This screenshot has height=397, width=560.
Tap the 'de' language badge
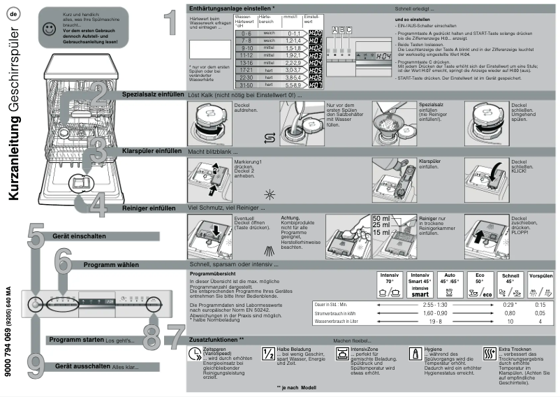(x=13, y=12)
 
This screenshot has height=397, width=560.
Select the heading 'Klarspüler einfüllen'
(x=152, y=151)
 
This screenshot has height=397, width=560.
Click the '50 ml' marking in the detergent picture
(x=382, y=219)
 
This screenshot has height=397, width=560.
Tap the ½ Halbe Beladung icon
(x=267, y=353)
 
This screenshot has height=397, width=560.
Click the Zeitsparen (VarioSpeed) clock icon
(x=193, y=354)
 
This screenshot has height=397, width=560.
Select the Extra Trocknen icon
(x=489, y=353)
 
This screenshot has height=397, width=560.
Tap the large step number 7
(x=175, y=338)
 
